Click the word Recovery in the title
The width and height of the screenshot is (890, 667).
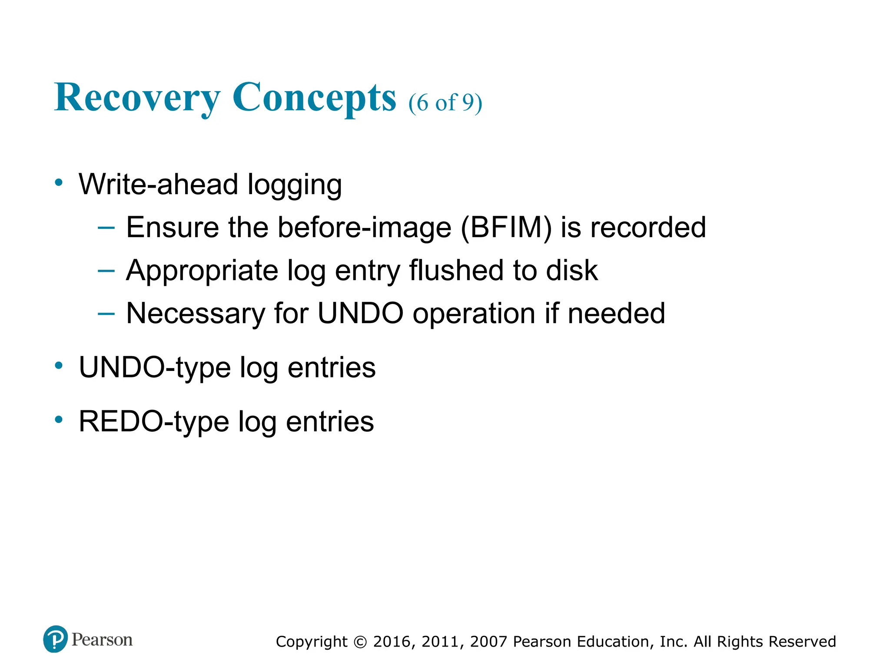coord(137,98)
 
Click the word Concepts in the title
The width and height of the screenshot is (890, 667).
coord(314,98)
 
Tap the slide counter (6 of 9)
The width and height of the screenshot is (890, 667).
coord(445,103)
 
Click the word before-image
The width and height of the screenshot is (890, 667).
coord(365,227)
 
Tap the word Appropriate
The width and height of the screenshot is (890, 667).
coord(202,271)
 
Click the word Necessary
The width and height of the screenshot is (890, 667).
coord(195,314)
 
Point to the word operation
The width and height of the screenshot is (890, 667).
coord(474,314)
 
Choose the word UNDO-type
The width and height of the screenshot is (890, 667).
coord(155,368)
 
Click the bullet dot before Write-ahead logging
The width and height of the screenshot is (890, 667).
coord(59,182)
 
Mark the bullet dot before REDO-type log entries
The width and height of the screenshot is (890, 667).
coord(59,419)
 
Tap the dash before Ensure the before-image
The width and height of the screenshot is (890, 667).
coord(106,227)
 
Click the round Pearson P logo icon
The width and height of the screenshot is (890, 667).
coord(56,639)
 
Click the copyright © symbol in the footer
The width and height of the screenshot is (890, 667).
coord(360,642)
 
